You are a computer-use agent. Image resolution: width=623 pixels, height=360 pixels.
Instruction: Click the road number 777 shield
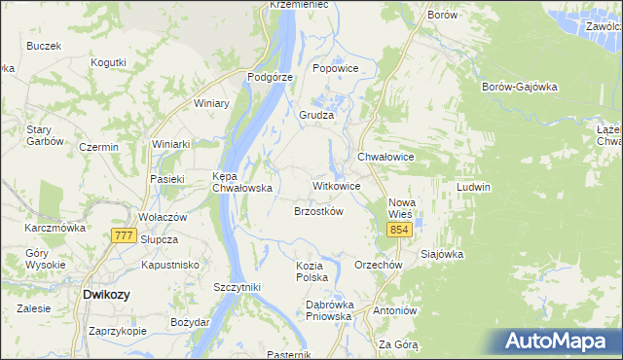124,236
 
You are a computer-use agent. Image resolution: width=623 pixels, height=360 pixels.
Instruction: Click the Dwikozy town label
108,293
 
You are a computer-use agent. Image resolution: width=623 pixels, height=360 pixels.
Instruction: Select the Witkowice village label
337,185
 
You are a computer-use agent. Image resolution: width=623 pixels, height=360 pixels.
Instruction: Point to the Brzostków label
319,211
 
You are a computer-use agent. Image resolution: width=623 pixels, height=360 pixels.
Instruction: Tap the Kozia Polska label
314,271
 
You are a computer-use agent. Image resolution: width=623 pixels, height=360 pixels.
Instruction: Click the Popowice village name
337,69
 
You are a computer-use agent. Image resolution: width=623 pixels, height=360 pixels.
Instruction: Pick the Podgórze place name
271,76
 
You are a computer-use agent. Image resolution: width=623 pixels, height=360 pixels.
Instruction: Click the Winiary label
211,103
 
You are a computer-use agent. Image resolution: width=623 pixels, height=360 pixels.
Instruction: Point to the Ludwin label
473,187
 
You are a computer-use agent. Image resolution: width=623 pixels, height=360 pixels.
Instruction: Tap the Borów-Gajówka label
519,86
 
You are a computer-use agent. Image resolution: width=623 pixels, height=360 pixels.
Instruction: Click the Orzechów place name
379,265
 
